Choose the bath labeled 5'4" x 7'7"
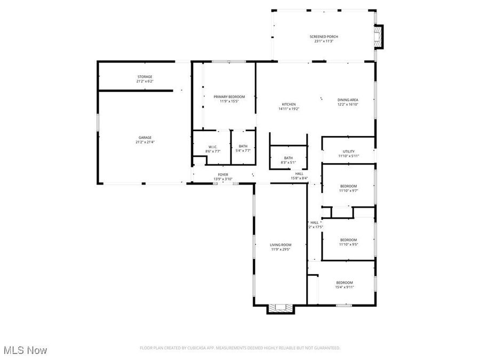[x=243, y=151]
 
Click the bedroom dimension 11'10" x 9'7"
[x=349, y=190]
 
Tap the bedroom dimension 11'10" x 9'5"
[x=349, y=245]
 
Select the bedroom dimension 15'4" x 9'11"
[x=345, y=287]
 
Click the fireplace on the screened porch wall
[x=379, y=37]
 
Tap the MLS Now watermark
[x=25, y=350]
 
